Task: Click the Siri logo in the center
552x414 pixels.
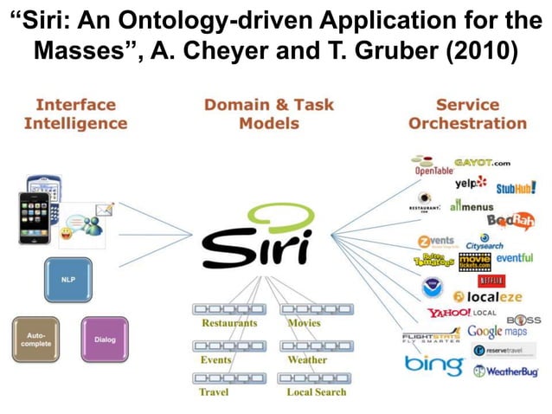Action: pyautogui.click(x=256, y=237)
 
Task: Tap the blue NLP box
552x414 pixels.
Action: pyautogui.click(x=67, y=280)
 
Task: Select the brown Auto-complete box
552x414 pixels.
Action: pyautogui.click(x=36, y=339)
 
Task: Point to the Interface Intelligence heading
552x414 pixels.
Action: pyautogui.click(x=75, y=113)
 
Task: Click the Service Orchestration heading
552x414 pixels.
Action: pyautogui.click(x=467, y=113)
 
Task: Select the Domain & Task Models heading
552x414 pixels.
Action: pyautogui.click(x=269, y=113)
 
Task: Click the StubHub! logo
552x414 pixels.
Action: pyautogui.click(x=517, y=188)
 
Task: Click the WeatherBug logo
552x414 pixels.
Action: pyautogui.click(x=505, y=372)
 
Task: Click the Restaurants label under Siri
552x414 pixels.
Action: pyautogui.click(x=228, y=323)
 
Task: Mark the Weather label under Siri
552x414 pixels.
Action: pyautogui.click(x=307, y=359)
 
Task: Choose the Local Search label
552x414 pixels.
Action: pyautogui.click(x=316, y=391)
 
